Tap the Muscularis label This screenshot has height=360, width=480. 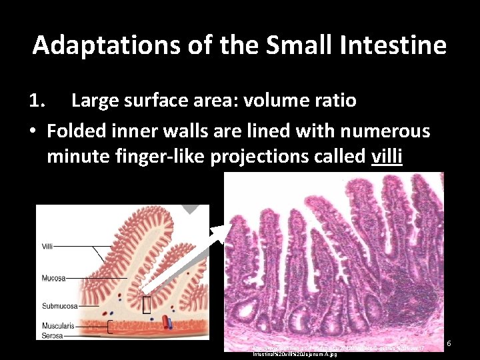56,326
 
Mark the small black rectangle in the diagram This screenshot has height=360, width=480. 146,305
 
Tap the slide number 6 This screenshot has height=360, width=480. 449,343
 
